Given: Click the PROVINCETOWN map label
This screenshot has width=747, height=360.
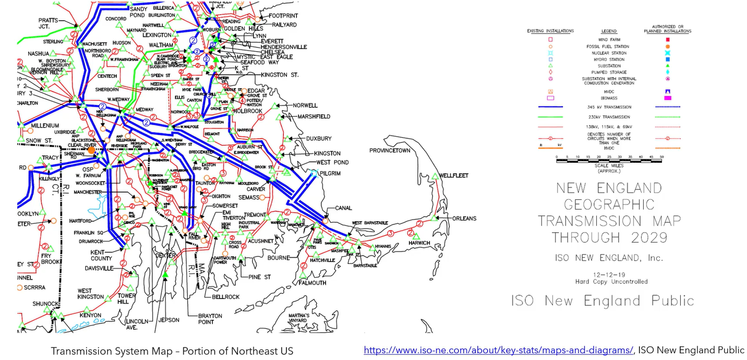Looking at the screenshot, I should (x=390, y=150).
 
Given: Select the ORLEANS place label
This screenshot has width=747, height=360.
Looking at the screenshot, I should (x=464, y=218).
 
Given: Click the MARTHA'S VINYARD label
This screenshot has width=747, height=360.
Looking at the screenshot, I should (x=299, y=318).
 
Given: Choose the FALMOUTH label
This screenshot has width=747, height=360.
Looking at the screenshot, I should (x=312, y=283).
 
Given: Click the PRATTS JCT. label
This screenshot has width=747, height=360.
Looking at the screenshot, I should (x=48, y=24).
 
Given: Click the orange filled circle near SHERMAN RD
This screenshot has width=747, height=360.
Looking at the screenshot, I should (x=91, y=150).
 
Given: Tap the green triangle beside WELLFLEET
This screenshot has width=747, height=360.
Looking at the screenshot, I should (x=433, y=177).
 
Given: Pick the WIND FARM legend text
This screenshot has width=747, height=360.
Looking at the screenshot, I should (x=608, y=40).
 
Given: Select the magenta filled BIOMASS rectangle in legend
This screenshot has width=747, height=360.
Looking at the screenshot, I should (x=667, y=98).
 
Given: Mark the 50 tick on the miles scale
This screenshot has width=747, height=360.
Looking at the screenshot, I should (x=662, y=157).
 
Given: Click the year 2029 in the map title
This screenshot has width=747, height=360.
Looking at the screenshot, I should (x=645, y=237).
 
